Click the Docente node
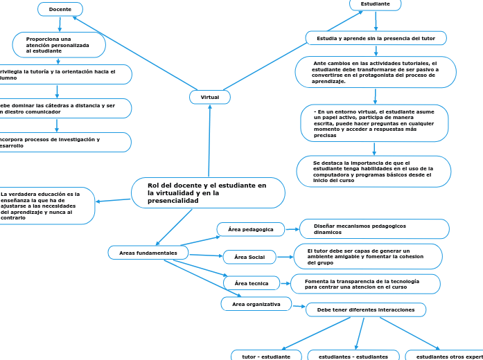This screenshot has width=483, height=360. [x=60, y=9]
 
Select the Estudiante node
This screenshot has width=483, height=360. [x=376, y=4]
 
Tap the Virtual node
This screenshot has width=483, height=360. [x=210, y=98]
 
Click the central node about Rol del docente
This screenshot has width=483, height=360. [x=208, y=193]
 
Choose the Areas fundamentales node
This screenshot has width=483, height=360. [x=148, y=253]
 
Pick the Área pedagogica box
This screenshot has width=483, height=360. [x=251, y=229]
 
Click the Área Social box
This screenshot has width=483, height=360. [x=249, y=258]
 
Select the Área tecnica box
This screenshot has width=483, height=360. [x=252, y=283]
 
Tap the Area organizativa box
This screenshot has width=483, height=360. [x=256, y=304]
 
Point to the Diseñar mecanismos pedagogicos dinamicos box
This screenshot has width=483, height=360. [x=374, y=228]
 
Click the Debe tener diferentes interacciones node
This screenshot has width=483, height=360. [x=366, y=309]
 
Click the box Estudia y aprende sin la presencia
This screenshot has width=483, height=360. [x=376, y=38]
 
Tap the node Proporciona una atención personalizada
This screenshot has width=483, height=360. [x=59, y=45]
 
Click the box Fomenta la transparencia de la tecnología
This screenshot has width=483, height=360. [x=365, y=284]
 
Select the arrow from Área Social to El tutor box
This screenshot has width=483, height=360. [x=285, y=258]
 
